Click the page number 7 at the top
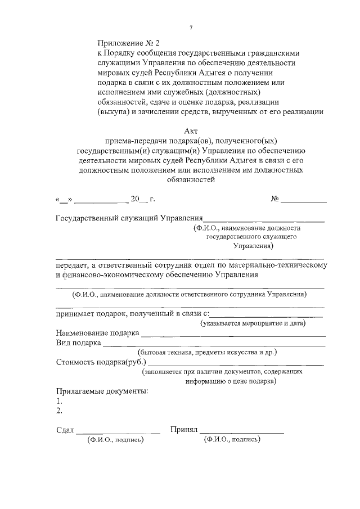(x=191, y=28)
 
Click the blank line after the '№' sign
(x=304, y=199)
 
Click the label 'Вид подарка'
(x=79, y=342)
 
